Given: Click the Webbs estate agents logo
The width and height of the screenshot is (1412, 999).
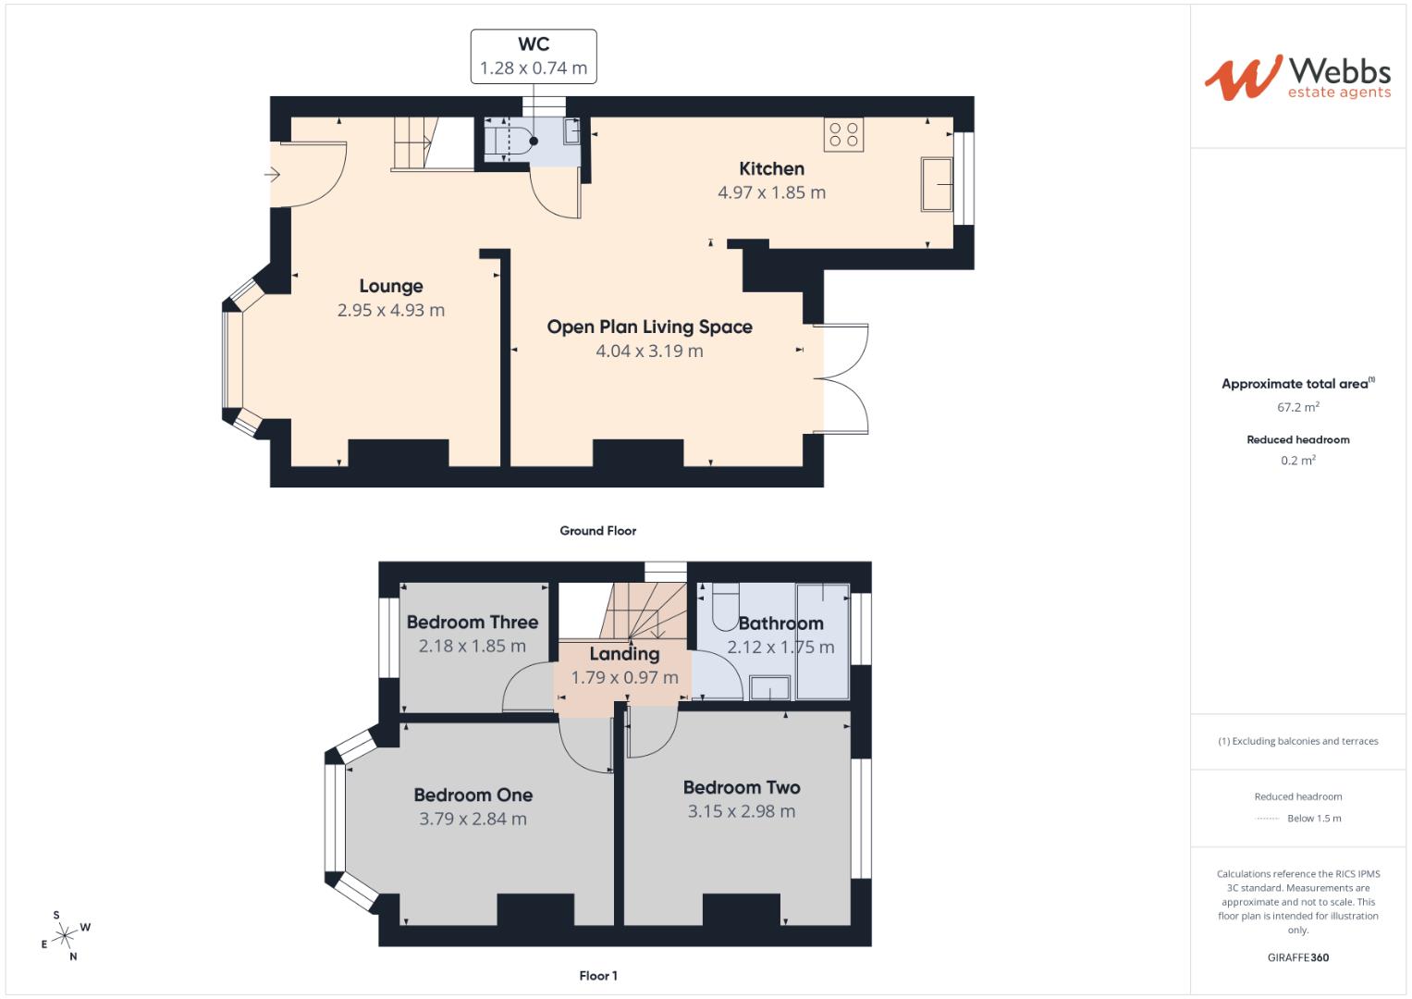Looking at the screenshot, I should pos(1297,77).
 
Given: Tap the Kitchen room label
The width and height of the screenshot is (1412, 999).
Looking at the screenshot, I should pos(771,168).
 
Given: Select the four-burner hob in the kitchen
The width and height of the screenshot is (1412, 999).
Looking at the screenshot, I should pos(843,134).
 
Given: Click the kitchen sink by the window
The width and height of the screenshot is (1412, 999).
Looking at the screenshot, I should pos(936,184).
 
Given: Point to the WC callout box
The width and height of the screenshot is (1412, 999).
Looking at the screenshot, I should pos(533,56).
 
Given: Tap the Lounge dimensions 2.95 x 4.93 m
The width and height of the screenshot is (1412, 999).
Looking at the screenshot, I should pos(391,311).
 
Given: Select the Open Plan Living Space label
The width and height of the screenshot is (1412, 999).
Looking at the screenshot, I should pos(649,327).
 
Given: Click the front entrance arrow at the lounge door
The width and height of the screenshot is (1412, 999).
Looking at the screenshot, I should pos(273,174).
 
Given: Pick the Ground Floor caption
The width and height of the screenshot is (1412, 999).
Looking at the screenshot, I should pos(597,531).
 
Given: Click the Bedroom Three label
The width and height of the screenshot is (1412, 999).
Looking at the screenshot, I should pos(472,622).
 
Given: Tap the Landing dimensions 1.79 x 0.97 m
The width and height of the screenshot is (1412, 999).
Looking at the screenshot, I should pos(624,677).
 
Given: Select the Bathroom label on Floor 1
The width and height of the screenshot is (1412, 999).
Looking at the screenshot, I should pos(780,623).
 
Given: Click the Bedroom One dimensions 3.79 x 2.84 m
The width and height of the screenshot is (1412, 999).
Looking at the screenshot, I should pos(473,819).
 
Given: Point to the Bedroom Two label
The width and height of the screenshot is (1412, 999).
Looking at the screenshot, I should pos(742,787).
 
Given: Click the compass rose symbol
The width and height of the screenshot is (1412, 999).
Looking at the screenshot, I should pos(65,936).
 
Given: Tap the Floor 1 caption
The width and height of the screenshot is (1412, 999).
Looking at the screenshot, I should pos(597,976).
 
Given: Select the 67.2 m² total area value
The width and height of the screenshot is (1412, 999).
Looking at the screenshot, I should pos(1297,407).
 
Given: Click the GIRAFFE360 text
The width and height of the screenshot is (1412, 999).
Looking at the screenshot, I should pos(1297,957).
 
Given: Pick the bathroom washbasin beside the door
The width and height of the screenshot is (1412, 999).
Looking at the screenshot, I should pos(769,687).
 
